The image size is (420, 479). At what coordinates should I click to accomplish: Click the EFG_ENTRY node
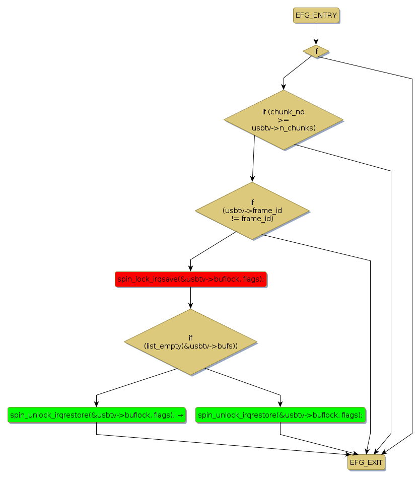click(x=316, y=16)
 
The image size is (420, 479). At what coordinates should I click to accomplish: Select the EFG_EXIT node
click(x=366, y=462)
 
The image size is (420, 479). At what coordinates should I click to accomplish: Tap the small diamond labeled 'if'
click(x=316, y=51)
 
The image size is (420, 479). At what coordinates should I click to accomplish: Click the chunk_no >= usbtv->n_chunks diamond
click(x=284, y=120)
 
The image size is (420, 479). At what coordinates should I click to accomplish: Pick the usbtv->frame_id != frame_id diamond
click(x=252, y=211)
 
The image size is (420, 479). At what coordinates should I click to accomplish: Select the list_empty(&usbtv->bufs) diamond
click(x=190, y=342)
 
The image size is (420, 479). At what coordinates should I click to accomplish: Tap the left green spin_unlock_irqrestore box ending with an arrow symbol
click(x=96, y=415)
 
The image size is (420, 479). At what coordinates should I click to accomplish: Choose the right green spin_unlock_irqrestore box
click(x=280, y=415)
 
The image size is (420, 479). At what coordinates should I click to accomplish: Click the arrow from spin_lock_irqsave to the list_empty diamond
click(x=190, y=297)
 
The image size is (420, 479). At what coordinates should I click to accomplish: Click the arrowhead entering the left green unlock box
click(x=96, y=404)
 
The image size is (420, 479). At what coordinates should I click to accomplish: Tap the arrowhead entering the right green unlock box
click(x=280, y=404)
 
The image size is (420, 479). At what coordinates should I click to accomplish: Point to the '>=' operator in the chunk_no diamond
click(x=283, y=120)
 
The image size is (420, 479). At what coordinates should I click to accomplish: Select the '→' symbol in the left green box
click(x=180, y=415)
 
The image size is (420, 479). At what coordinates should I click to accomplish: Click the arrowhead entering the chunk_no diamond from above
click(x=284, y=87)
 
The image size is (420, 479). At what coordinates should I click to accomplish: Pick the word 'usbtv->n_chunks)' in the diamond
click(x=284, y=128)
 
